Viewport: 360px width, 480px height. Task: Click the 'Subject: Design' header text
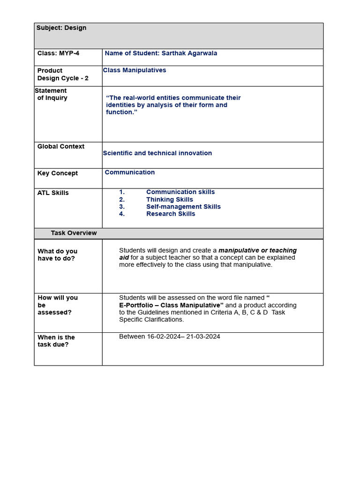(61, 28)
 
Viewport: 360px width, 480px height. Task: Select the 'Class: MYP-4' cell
(59, 53)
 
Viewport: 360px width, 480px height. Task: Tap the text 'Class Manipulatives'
(135, 70)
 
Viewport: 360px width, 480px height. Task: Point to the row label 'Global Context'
(61, 147)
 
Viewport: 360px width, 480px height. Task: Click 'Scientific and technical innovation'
(157, 153)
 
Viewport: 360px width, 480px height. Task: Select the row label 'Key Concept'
(58, 173)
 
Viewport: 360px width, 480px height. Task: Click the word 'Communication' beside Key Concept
(130, 172)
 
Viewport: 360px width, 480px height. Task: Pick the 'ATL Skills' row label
(53, 193)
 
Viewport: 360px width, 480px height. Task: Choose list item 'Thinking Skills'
(169, 200)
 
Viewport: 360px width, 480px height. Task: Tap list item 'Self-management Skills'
(183, 207)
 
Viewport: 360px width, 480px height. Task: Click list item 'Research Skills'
(171, 214)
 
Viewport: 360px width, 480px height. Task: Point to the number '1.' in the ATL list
(122, 192)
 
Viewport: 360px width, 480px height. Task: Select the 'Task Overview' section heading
(74, 233)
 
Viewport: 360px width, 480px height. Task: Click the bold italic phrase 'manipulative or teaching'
(257, 250)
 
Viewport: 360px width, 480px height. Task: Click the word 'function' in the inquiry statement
(120, 112)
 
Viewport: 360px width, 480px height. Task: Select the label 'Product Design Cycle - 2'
(63, 75)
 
